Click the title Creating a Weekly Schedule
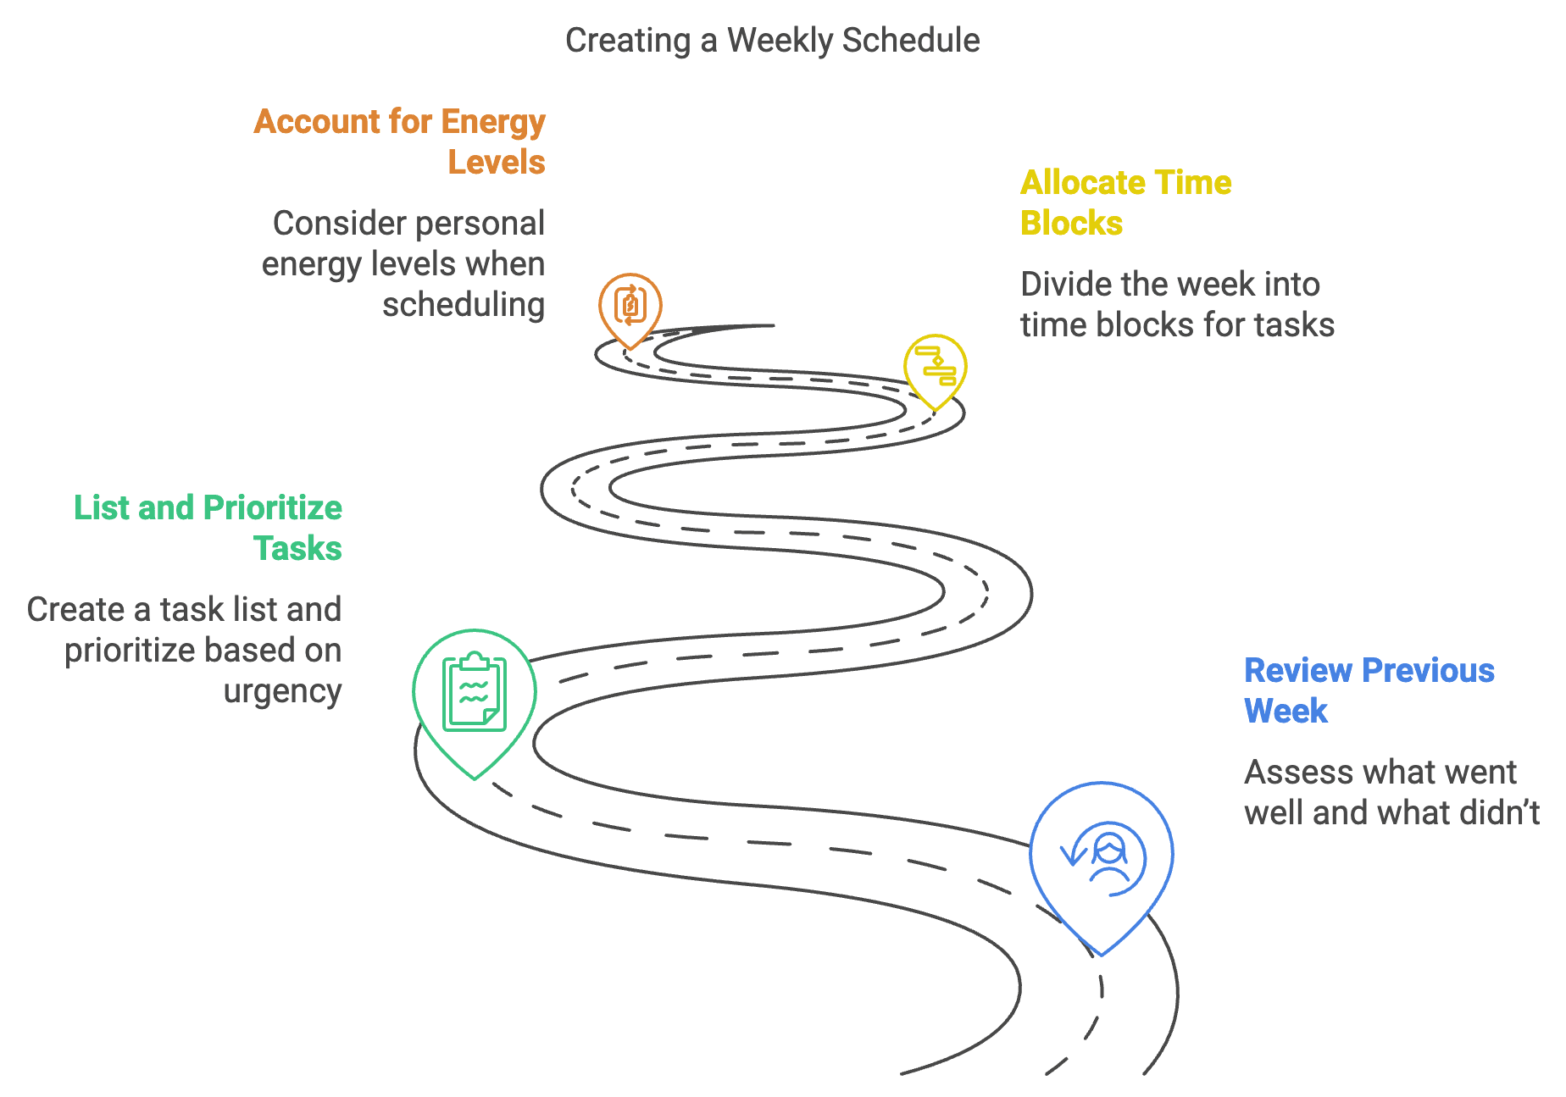pos(772,41)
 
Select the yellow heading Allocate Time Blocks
pos(1125,202)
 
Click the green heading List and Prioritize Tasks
pos(208,528)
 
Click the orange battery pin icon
pos(630,307)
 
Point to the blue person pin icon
pos(1101,859)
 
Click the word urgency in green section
pos(283,692)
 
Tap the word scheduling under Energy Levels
pos(464,305)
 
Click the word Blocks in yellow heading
pos(1071,224)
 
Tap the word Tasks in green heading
pos(297,549)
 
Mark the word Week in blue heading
pos(1286,712)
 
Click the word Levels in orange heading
pos(497,163)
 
